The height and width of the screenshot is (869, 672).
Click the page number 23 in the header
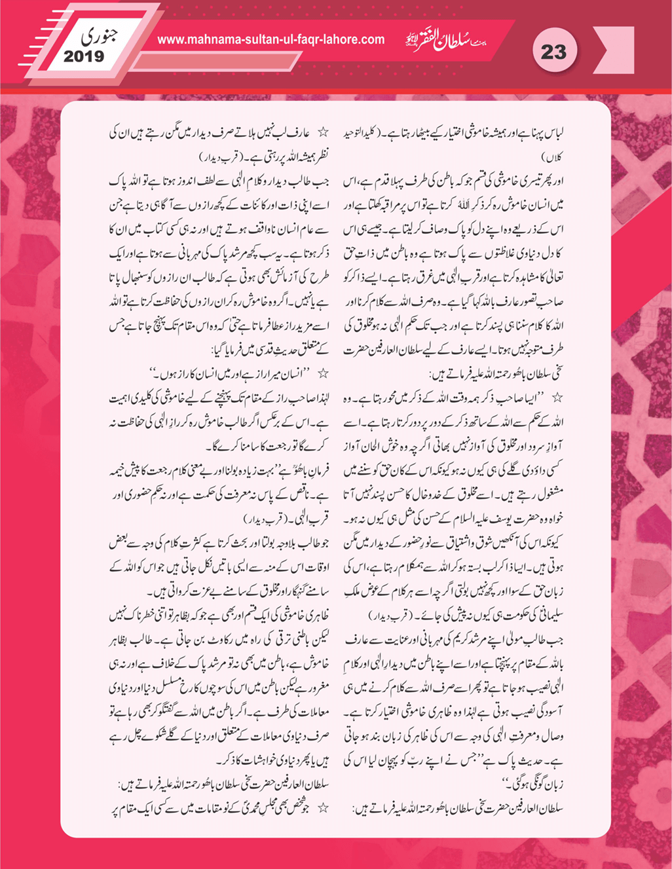point(553,52)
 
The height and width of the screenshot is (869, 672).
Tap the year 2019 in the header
point(84,56)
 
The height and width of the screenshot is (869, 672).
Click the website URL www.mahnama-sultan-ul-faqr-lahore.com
point(271,39)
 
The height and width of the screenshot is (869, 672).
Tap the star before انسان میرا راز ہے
point(322,374)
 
